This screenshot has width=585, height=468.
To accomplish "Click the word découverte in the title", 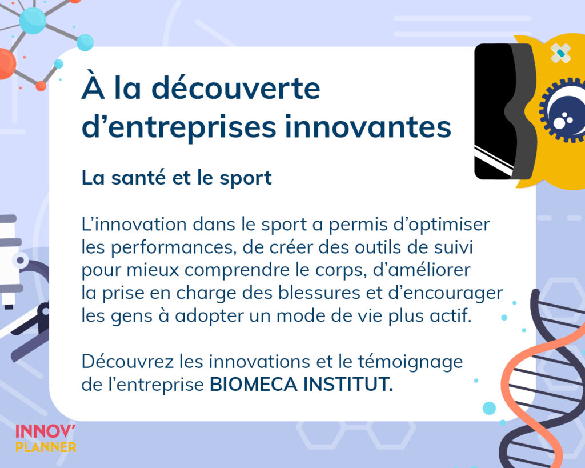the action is point(236,88).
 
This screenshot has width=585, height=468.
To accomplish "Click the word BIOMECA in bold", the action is point(253,384).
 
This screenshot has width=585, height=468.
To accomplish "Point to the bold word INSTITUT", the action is point(348,384).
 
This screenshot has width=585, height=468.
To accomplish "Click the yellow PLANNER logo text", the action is point(46,447).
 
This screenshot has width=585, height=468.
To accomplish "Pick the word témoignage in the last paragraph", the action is point(410,362).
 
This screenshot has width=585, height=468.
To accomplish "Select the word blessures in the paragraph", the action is point(319,293).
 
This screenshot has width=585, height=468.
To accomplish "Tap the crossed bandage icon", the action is point(561,53).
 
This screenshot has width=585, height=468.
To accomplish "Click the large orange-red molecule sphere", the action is point(6,63).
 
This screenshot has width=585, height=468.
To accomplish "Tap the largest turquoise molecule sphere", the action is point(33,21).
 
